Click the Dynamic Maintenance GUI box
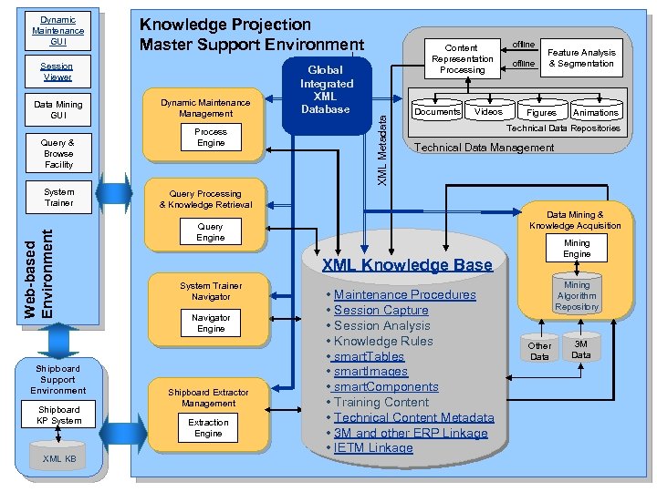(x=57, y=30)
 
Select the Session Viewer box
(x=57, y=72)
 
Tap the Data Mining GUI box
(x=57, y=110)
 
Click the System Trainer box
(x=58, y=198)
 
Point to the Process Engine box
(x=211, y=138)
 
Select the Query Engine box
(x=210, y=232)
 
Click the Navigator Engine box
(x=211, y=323)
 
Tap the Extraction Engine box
(x=208, y=428)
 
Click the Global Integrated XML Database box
(x=326, y=89)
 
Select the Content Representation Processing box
(x=463, y=58)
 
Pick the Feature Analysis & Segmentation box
(x=581, y=58)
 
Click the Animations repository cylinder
(x=595, y=110)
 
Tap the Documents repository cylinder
(x=437, y=110)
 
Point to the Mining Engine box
(x=577, y=249)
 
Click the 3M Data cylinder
(x=581, y=349)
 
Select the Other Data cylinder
(x=539, y=350)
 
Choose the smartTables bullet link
(x=369, y=356)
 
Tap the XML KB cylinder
(x=59, y=457)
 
